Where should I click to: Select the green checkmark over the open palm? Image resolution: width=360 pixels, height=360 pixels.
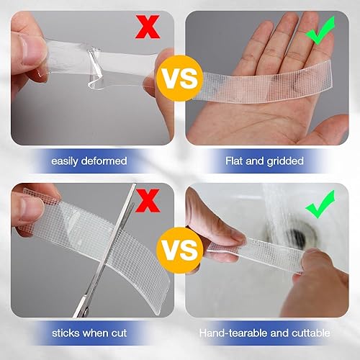(320, 33)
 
